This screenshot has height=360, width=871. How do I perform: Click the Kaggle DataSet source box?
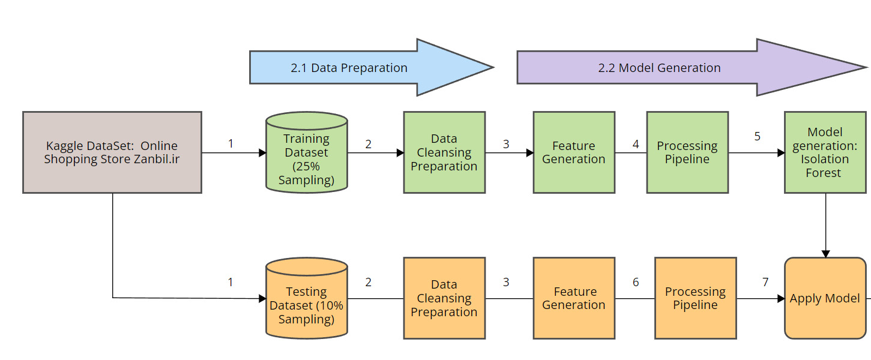pos(112,152)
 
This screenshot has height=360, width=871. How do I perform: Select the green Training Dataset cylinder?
pos(306,152)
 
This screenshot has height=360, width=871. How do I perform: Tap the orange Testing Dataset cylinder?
pos(306,298)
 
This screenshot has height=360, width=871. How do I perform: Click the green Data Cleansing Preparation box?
pos(444,152)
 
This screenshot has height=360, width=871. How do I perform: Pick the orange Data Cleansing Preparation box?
pos(444,298)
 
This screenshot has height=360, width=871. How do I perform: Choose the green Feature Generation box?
pos(574,152)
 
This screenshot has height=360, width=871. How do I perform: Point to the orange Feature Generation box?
pos(574,298)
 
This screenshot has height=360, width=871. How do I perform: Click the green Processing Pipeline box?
pos(687,152)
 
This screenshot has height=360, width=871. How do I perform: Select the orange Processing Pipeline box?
pos(696,298)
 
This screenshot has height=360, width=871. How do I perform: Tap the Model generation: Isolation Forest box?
pos(825,152)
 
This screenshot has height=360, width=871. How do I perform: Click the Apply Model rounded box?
pos(825,298)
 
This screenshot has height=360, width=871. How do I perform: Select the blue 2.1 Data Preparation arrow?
pos(372,67)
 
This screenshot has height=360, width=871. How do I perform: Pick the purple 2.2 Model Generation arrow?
pos(692,67)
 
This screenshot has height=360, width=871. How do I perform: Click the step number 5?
pos(757,136)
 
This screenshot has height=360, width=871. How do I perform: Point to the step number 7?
pos(765,282)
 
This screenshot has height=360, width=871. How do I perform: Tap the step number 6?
pos(636,282)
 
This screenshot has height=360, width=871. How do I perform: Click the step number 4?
pos(636,144)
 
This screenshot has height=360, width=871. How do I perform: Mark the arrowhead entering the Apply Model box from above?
pos(825,254)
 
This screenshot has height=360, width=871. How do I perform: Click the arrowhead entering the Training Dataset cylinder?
pos(262,153)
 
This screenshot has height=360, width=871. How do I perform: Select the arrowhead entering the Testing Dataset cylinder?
pos(262,299)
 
